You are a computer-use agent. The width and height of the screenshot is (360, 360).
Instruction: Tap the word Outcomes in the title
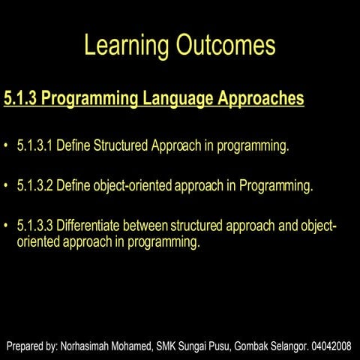[226, 46]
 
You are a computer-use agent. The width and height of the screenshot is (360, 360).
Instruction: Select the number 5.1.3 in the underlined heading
[20, 98]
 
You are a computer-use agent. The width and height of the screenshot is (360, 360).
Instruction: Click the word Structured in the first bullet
[120, 145]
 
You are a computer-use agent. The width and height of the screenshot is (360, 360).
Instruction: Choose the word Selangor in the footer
[293, 346]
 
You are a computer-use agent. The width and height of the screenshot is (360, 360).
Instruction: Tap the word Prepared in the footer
[26, 346]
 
